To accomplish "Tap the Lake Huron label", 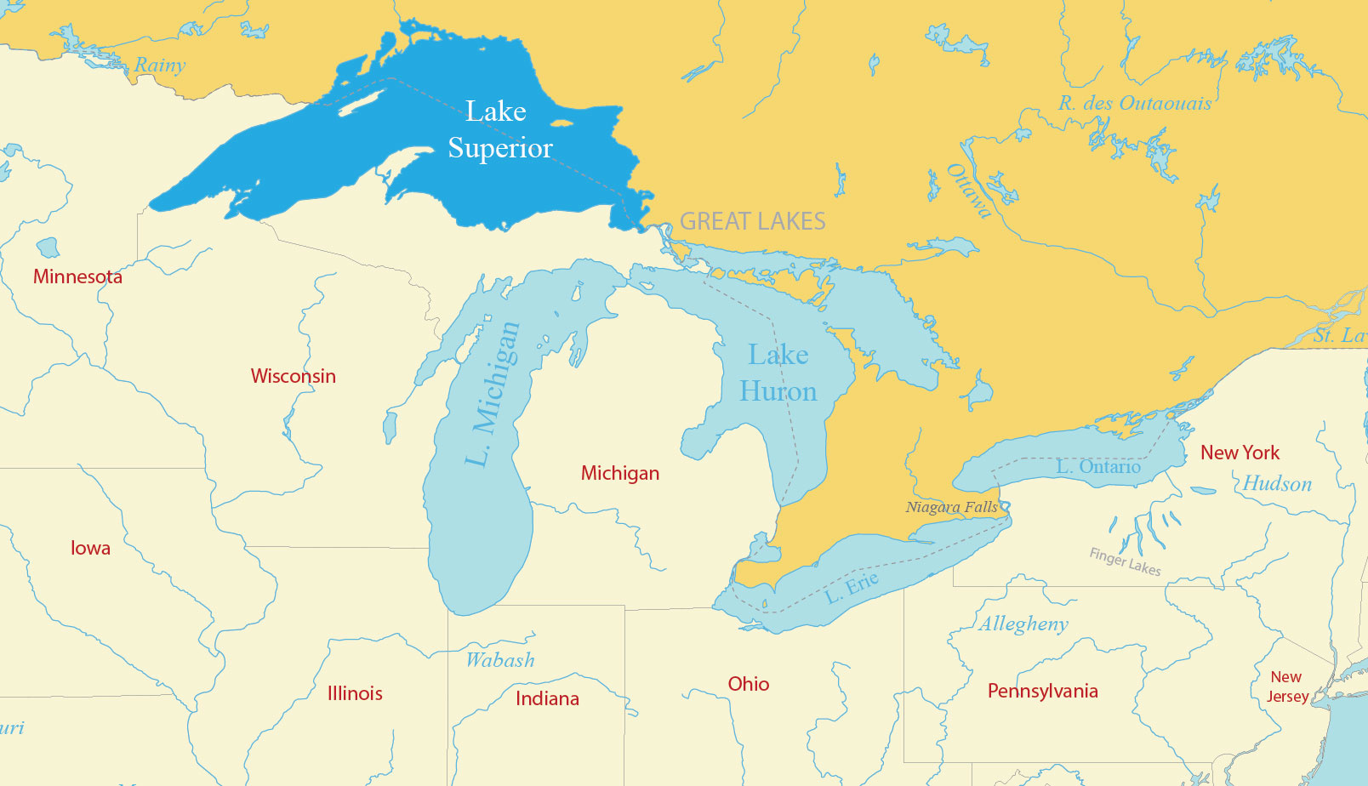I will (x=778, y=373).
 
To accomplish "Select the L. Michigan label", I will (x=493, y=394).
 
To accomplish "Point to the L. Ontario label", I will (x=1097, y=467).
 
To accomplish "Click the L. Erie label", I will (x=852, y=588).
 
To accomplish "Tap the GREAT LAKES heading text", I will (x=752, y=221).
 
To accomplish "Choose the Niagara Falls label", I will (x=951, y=507).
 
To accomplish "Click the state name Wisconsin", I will (x=293, y=376).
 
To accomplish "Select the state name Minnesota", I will (x=77, y=276).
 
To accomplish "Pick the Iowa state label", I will (x=90, y=548).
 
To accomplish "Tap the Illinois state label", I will (x=355, y=693).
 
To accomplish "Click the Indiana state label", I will (x=547, y=698).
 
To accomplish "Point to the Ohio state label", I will (x=748, y=684).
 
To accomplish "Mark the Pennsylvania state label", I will (x=1042, y=691).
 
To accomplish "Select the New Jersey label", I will (x=1287, y=686).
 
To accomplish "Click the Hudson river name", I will (x=1277, y=484).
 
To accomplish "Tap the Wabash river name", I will (x=500, y=660).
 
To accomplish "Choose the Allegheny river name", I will (x=1023, y=624).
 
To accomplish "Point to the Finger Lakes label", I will (x=1125, y=561).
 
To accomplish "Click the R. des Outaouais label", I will (x=1135, y=104).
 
